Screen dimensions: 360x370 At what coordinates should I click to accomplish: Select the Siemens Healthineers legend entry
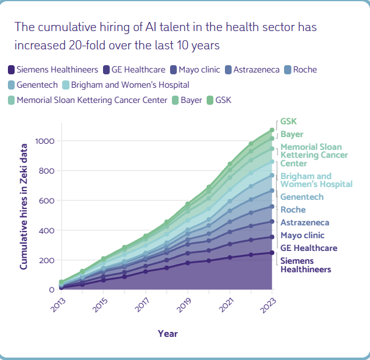(53, 69)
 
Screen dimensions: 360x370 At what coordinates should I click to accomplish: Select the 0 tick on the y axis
(52, 290)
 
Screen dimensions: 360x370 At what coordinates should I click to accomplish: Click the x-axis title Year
(168, 334)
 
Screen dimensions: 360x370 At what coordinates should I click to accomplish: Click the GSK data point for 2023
(272, 130)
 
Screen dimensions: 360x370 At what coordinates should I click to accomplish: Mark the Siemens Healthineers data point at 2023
(272, 253)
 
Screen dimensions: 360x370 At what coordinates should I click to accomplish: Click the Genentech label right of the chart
(302, 197)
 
